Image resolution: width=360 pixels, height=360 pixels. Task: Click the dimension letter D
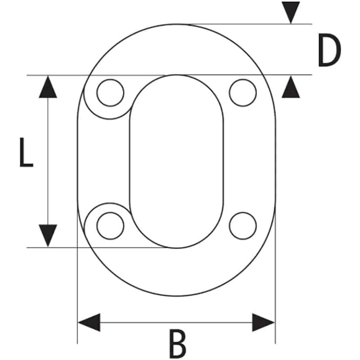[329, 50]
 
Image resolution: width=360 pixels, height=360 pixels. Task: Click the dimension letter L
[27, 152]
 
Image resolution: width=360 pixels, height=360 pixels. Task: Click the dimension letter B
[177, 344]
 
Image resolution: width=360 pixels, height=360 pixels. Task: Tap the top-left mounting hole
[110, 93]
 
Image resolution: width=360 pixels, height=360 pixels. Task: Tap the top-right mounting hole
[243, 93]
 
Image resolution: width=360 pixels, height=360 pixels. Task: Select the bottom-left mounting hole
[110, 226]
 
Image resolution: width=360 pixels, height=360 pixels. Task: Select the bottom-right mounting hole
[243, 226]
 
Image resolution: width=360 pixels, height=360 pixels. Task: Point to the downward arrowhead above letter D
[291, 13]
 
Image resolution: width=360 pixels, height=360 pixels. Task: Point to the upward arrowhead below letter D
[291, 87]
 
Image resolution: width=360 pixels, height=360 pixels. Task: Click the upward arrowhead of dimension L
[48, 87]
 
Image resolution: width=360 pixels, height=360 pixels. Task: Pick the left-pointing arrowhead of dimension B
[89, 322]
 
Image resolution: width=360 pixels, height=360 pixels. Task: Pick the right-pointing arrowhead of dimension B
[263, 322]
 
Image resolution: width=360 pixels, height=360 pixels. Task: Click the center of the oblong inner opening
[176, 162]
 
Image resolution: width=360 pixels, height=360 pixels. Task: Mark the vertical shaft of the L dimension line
[48, 162]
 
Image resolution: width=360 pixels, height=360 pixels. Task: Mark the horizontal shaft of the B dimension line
[176, 322]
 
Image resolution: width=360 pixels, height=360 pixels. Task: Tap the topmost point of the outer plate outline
[176, 24]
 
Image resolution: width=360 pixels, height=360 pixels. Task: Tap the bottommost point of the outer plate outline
[176, 296]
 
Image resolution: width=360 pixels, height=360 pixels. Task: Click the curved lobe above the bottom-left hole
[108, 206]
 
